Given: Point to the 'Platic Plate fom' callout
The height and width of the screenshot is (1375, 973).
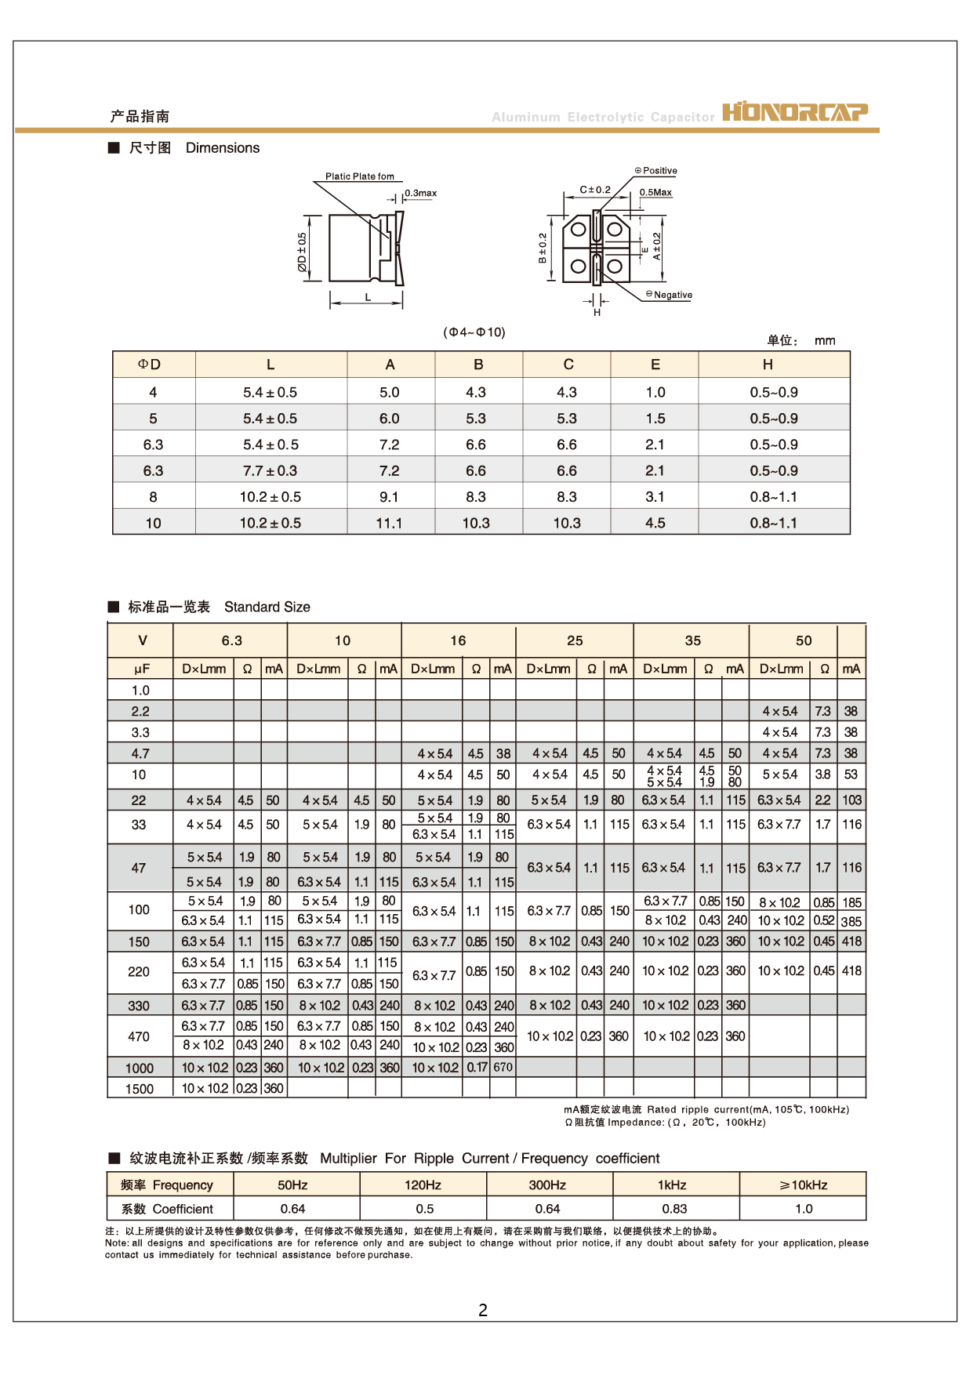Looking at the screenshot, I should pyautogui.click(x=360, y=176).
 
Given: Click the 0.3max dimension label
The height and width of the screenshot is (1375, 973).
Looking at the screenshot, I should pyautogui.click(x=421, y=193).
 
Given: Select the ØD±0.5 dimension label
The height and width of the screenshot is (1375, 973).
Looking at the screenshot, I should pyautogui.click(x=302, y=252).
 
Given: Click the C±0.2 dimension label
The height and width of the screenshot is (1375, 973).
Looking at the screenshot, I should pyautogui.click(x=595, y=190).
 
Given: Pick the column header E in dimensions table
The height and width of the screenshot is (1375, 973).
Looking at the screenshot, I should pyautogui.click(x=655, y=365).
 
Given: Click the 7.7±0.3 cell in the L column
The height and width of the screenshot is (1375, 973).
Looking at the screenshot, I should pyautogui.click(x=270, y=471).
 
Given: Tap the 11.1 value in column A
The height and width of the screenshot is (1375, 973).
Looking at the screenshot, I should pyautogui.click(x=389, y=524).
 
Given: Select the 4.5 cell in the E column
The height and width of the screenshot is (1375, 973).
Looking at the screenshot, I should pyautogui.click(x=655, y=524).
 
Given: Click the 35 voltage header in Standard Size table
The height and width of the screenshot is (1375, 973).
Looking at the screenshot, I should pyautogui.click(x=693, y=640).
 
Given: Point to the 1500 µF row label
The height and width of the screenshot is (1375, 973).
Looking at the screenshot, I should pyautogui.click(x=140, y=1089).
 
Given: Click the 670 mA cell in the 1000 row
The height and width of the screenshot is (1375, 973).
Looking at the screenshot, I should pyautogui.click(x=503, y=1067).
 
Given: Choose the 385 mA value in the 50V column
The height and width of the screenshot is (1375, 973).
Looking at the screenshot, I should pyautogui.click(x=851, y=922).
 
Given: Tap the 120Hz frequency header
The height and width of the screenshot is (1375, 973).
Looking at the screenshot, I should pyautogui.click(x=423, y=1185).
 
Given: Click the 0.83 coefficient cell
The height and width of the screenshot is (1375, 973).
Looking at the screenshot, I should pyautogui.click(x=674, y=1209).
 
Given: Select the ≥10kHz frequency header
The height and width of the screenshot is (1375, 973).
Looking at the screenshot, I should pyautogui.click(x=804, y=1185).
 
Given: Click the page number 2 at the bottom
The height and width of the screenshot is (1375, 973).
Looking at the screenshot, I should pyautogui.click(x=483, y=1310).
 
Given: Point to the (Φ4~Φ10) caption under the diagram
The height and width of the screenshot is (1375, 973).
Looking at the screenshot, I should pyautogui.click(x=474, y=332).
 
